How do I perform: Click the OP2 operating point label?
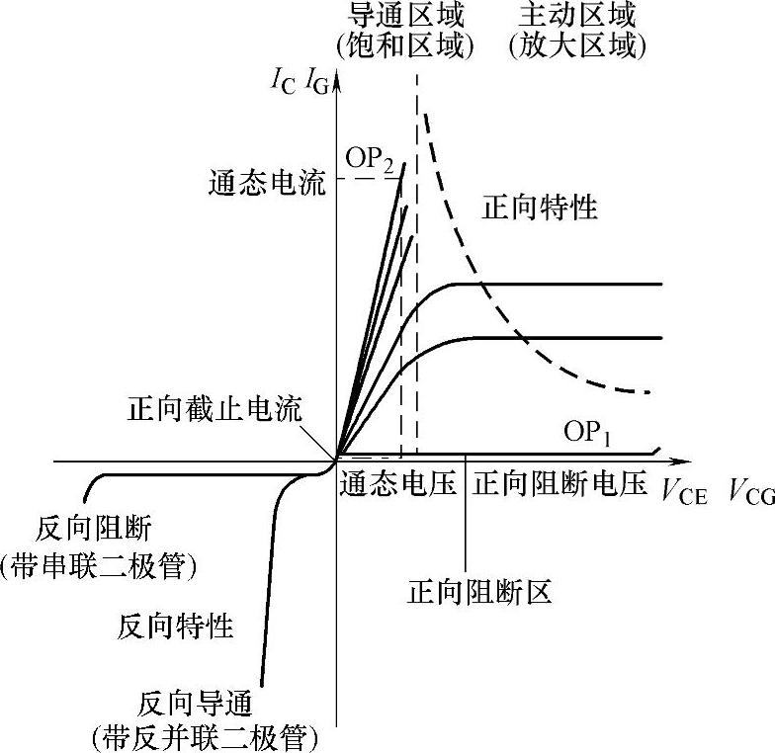click(x=371, y=159)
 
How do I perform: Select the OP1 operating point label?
click(x=590, y=432)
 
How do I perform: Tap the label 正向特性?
click(x=540, y=209)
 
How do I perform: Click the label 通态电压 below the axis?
click(x=398, y=485)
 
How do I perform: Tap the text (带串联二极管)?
click(x=100, y=566)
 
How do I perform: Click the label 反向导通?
click(x=197, y=704)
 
